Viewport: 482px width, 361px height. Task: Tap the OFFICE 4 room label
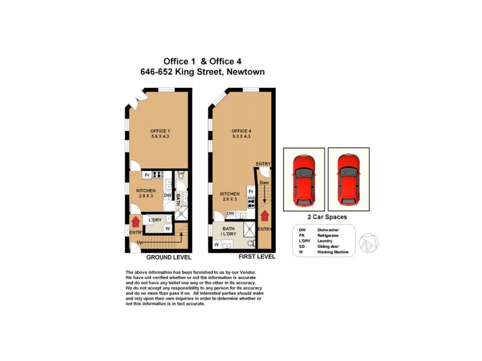click(241, 134)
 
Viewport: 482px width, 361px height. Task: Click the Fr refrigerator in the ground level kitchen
click(146, 175)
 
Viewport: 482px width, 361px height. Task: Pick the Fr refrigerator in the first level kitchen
click(251, 191)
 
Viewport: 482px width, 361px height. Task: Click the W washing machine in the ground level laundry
click(167, 229)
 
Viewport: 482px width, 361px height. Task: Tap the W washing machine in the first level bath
click(216, 245)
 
